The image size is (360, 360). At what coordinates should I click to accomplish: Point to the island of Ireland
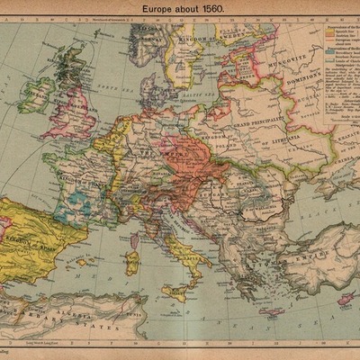pos(36,94)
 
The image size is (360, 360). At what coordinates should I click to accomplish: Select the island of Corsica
pos(133,237)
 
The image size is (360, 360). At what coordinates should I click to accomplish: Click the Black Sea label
pos(310,212)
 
